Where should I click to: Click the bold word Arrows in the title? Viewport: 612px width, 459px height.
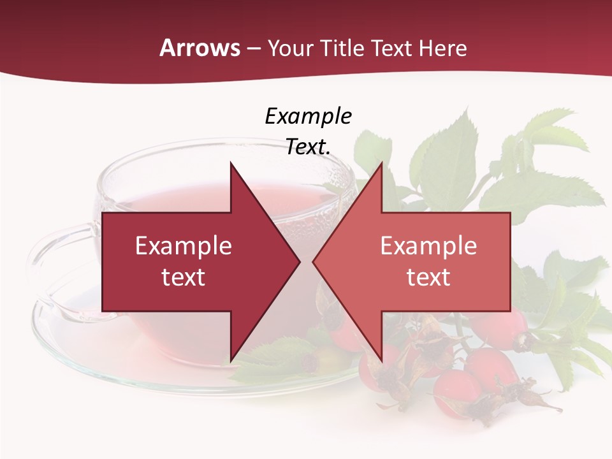(200, 48)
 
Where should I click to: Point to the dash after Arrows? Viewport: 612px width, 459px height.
(253, 48)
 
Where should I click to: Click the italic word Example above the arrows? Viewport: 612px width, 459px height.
(308, 116)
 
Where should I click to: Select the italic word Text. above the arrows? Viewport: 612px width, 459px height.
(308, 147)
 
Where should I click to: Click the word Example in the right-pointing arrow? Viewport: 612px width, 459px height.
(184, 246)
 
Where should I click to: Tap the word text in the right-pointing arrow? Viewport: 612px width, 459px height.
(184, 277)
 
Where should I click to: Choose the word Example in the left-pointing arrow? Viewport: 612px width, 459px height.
(428, 246)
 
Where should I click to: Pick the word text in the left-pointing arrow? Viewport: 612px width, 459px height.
(428, 277)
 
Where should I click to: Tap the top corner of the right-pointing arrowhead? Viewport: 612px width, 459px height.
(231, 163)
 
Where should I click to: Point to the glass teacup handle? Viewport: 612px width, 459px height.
(48, 268)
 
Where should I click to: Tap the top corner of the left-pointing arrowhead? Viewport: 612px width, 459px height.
(381, 163)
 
